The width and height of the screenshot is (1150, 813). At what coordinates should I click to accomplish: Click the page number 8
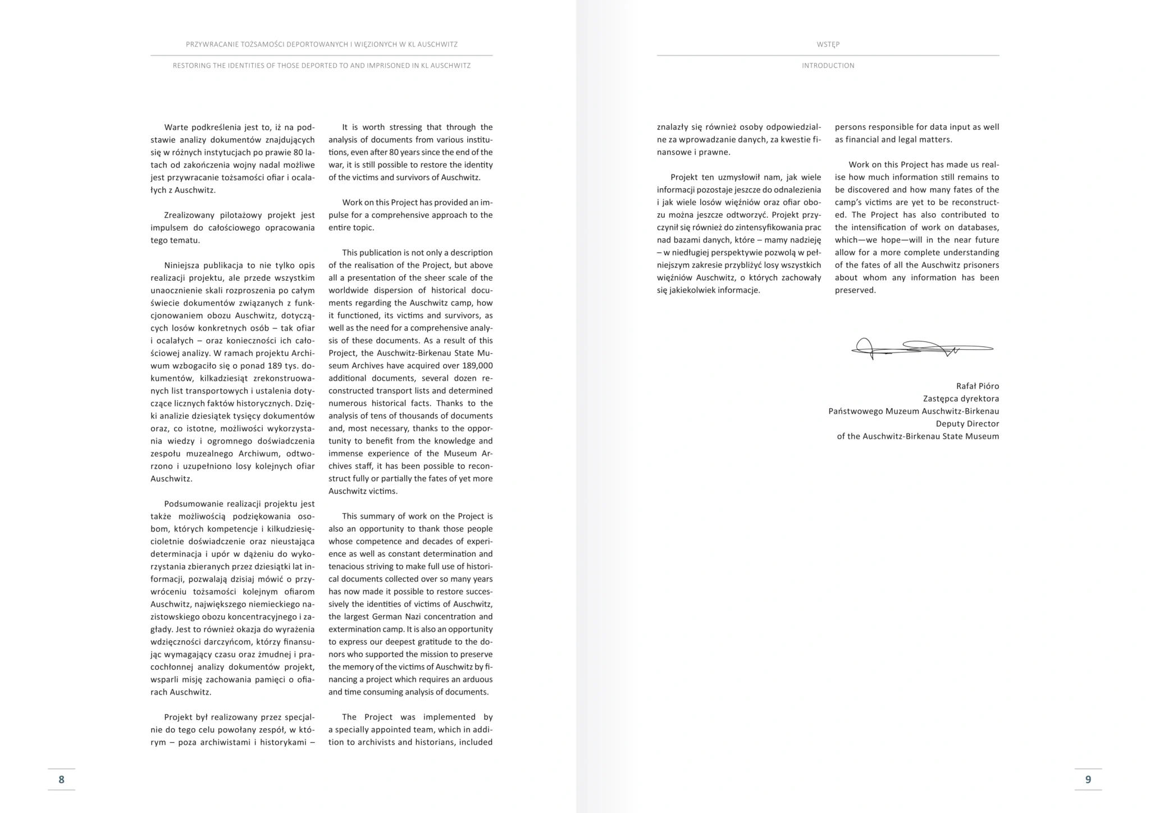pos(61,779)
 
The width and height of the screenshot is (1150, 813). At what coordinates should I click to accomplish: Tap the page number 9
pos(1088,779)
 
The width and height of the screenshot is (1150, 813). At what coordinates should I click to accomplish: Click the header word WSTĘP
pos(828,44)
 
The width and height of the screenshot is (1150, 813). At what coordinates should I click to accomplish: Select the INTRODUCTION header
pos(828,66)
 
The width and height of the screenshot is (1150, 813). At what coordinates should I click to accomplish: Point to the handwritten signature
pos(921,349)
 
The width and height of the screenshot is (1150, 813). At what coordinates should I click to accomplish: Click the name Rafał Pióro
pos(977,386)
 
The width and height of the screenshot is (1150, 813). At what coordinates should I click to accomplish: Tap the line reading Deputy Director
pos(967,424)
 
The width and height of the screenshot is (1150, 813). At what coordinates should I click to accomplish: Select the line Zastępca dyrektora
pos(961,399)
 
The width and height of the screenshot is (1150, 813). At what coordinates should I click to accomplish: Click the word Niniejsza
pos(181,266)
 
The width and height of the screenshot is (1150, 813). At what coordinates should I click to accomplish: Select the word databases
pos(978,227)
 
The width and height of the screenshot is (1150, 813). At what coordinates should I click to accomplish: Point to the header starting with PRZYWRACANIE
pos(322,44)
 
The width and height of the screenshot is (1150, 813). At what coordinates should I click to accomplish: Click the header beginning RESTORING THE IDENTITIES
pos(322,66)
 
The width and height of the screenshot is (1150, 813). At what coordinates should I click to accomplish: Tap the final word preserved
pos(855,290)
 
